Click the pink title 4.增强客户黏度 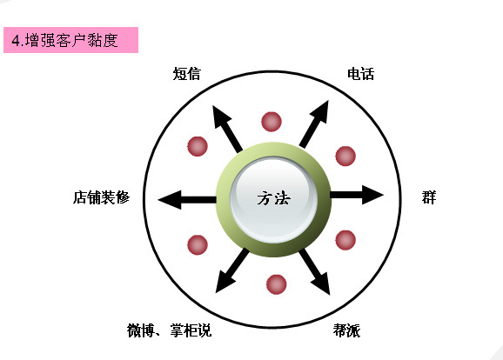[64, 40]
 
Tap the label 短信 [187, 74]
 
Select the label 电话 [361, 74]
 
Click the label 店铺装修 [101, 197]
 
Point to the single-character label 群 [429, 197]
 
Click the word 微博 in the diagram [141, 330]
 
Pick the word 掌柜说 [191, 330]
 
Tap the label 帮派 [346, 330]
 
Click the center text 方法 [273, 198]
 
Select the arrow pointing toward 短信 [227, 129]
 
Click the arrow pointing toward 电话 [314, 124]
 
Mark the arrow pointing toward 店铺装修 [187, 200]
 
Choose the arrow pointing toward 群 [357, 195]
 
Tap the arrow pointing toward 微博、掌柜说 [232, 270]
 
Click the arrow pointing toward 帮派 [315, 272]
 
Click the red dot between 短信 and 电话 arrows [272, 122]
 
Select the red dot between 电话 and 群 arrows [345, 157]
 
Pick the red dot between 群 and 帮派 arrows [345, 240]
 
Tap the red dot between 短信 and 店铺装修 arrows [198, 146]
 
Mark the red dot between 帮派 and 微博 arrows [276, 284]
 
